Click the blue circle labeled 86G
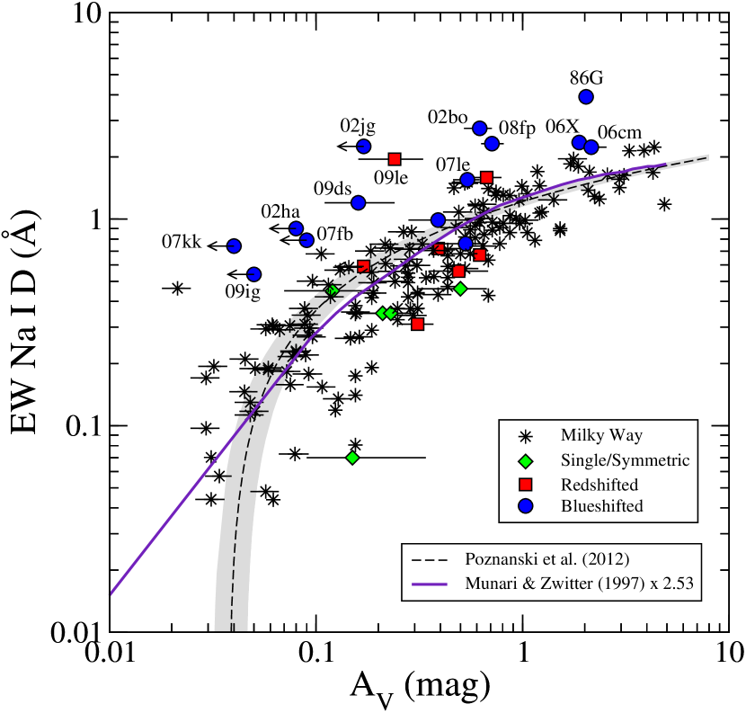586,97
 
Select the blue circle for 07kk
234,245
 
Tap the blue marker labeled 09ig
253,274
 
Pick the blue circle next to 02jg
364,147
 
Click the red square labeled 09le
395,159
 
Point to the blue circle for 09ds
358,202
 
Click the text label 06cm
619,131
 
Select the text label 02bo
447,117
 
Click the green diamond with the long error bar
352,458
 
